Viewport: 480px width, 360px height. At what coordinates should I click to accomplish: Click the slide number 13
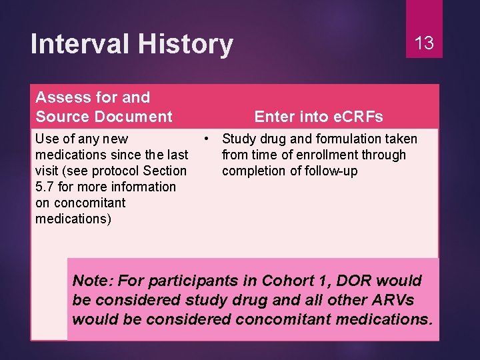[x=424, y=43]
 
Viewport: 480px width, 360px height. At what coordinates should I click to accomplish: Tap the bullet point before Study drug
[x=209, y=139]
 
